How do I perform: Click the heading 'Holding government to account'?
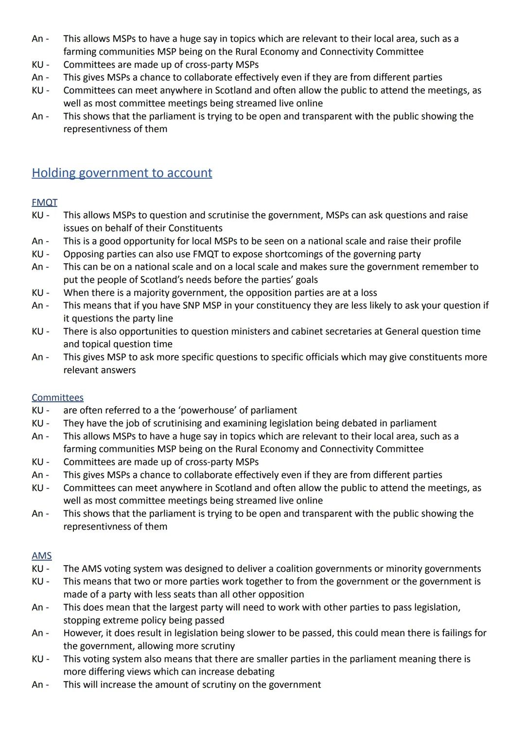(x=122, y=173)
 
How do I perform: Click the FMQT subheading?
(x=44, y=202)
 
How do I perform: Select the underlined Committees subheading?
(x=57, y=397)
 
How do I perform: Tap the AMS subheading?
(x=41, y=555)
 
